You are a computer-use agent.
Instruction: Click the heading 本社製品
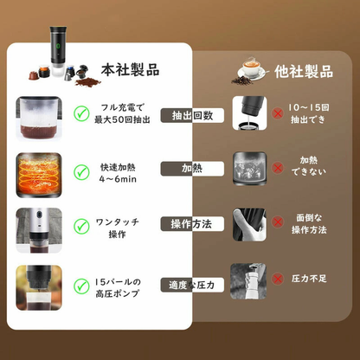click(130, 68)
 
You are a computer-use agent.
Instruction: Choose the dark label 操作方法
click(193, 223)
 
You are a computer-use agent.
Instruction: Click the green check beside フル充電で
click(81, 112)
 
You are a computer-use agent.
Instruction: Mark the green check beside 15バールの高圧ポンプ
click(81, 285)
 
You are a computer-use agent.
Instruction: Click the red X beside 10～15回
click(278, 113)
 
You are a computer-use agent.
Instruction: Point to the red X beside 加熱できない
click(278, 166)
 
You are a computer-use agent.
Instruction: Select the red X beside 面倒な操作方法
click(278, 222)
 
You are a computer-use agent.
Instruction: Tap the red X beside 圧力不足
click(278, 279)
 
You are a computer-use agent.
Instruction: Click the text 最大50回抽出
click(122, 119)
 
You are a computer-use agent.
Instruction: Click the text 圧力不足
click(311, 279)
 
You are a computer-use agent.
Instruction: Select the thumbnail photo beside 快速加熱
click(39, 170)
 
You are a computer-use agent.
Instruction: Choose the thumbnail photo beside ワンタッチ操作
click(39, 225)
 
